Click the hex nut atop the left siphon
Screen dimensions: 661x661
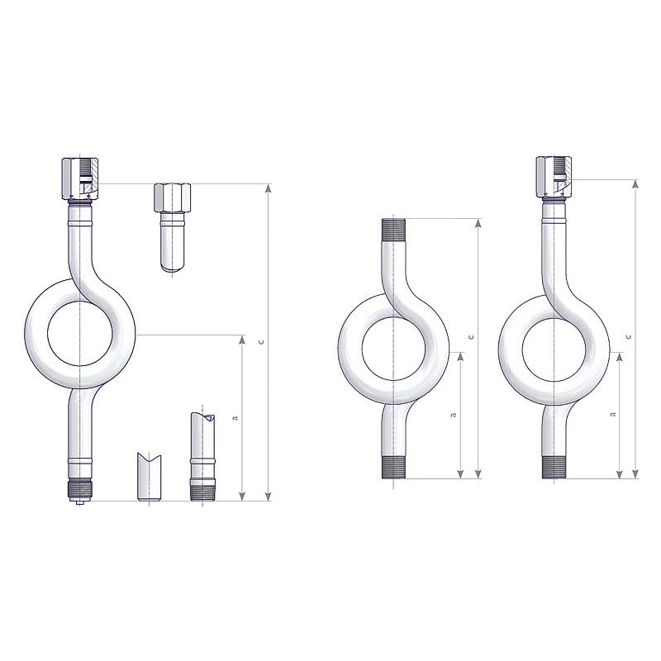tap(80, 178)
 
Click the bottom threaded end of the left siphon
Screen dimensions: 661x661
tap(80, 490)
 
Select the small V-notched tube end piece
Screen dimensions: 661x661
tap(150, 477)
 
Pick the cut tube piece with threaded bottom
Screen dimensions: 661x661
tap(202, 456)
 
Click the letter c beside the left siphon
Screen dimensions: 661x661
tap(261, 342)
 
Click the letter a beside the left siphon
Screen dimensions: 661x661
tap(235, 418)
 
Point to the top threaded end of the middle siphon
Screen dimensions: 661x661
tap(393, 230)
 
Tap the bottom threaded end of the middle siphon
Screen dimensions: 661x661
tap(393, 468)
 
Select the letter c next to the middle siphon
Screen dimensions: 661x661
tap(471, 336)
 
